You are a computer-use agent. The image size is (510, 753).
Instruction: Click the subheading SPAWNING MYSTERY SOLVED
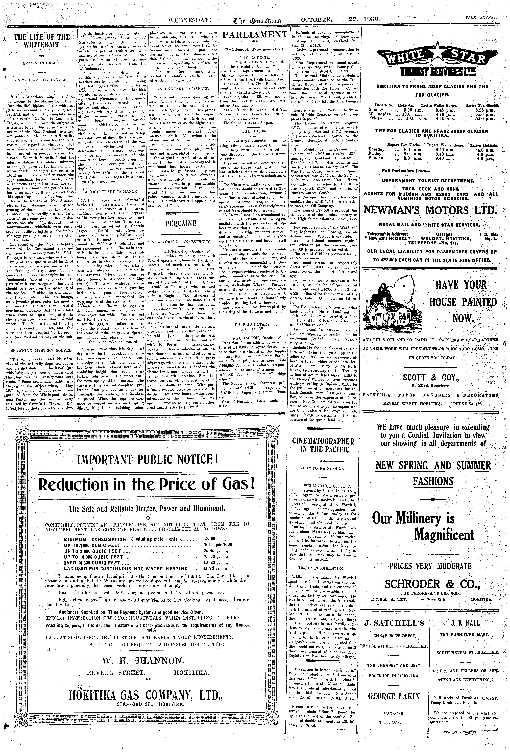coord(41,350)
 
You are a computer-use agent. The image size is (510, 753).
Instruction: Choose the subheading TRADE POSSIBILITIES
coord(321,568)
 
